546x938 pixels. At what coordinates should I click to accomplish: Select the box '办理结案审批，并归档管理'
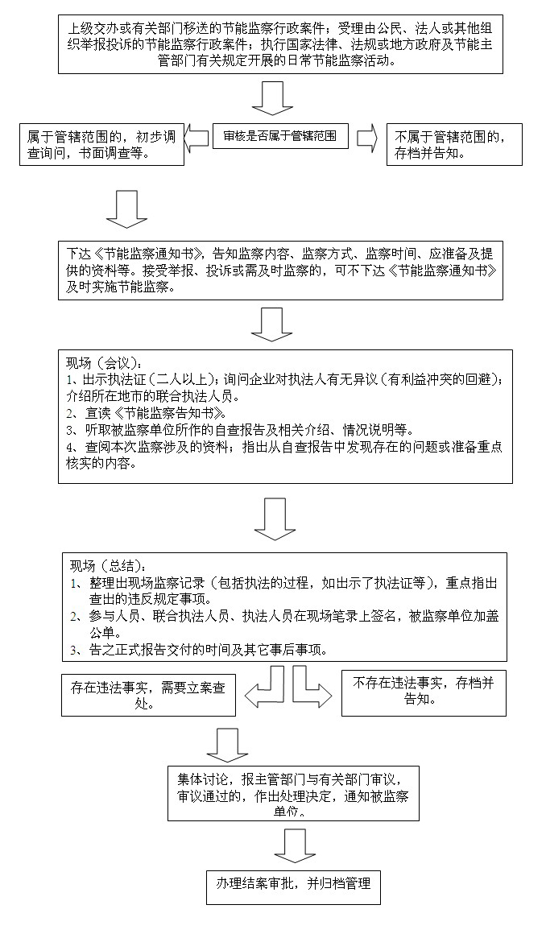pos(292,883)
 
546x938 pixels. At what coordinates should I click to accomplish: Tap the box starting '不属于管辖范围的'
pos(453,144)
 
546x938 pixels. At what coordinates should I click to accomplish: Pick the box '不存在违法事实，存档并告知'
pos(424,693)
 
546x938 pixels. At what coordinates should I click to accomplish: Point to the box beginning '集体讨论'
pos(293,794)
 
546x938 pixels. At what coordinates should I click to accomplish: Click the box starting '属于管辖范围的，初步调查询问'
pos(102,144)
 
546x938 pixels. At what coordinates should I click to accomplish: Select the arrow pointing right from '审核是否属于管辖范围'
pos(367,138)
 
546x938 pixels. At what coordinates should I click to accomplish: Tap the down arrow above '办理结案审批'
pos(294,846)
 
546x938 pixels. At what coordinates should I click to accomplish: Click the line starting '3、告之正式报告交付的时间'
pos(209,651)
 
